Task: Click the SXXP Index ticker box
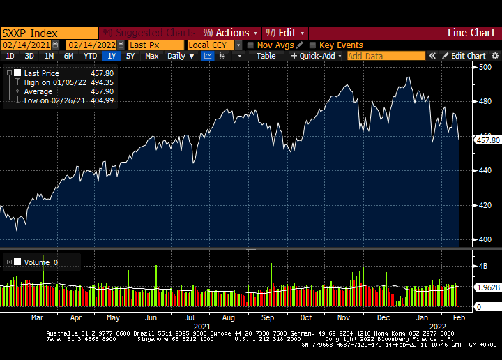(x=49, y=33)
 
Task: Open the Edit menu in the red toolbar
(x=284, y=33)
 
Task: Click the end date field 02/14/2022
(x=91, y=45)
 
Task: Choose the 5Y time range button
(x=130, y=56)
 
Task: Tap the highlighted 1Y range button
(x=111, y=56)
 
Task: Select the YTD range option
(x=90, y=56)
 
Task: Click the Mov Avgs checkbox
(x=250, y=45)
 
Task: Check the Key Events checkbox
(x=313, y=45)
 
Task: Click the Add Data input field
(x=386, y=56)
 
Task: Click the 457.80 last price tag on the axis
(x=487, y=140)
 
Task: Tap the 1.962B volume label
(x=487, y=287)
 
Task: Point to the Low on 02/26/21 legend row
(x=49, y=100)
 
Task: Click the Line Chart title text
(x=471, y=33)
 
